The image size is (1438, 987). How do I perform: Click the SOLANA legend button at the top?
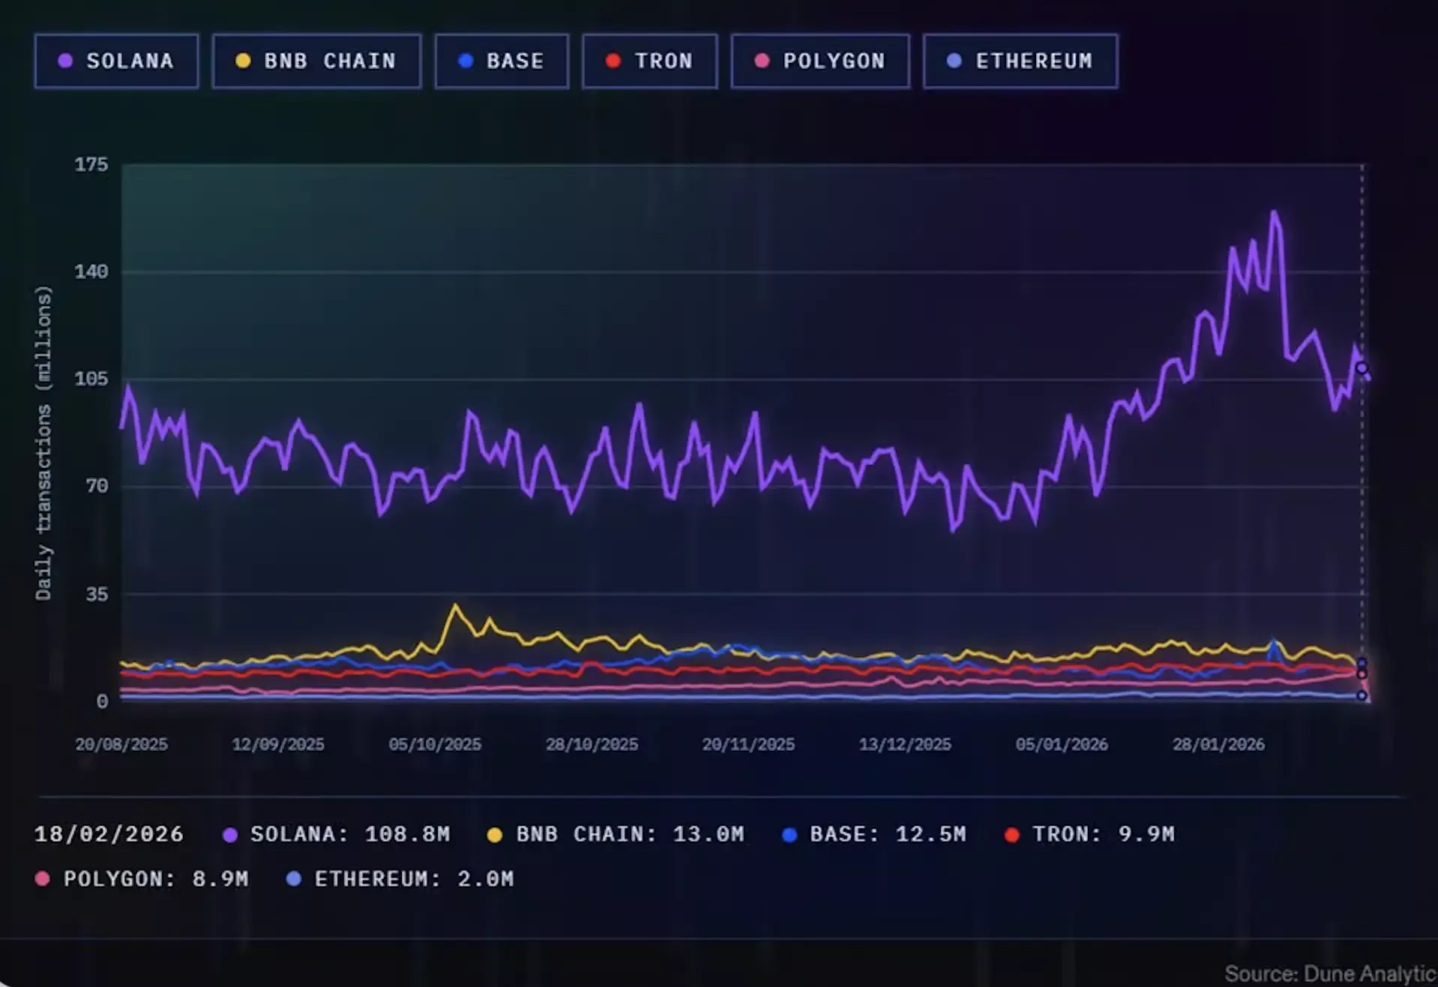[116, 61]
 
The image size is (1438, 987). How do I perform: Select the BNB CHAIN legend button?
[316, 61]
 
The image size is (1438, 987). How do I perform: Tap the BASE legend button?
[502, 61]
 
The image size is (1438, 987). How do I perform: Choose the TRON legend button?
[649, 61]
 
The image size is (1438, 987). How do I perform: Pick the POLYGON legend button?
[820, 61]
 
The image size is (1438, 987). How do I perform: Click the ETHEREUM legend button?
[1020, 61]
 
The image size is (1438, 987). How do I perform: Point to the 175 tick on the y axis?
[91, 165]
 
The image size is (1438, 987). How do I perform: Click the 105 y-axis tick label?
[91, 379]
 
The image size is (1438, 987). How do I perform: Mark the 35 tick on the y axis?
[97, 594]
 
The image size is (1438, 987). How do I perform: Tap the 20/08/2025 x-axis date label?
[121, 745]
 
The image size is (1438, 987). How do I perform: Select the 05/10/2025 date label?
[435, 745]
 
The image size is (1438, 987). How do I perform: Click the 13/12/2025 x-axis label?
[905, 745]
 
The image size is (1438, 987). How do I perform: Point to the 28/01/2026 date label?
[1218, 745]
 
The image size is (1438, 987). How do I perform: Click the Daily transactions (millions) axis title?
[43, 442]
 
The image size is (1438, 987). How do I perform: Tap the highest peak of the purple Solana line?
[1274, 213]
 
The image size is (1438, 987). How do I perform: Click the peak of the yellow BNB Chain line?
[455, 605]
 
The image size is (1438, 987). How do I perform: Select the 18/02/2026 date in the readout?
[109, 834]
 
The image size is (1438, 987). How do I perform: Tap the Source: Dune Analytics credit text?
[1331, 973]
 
